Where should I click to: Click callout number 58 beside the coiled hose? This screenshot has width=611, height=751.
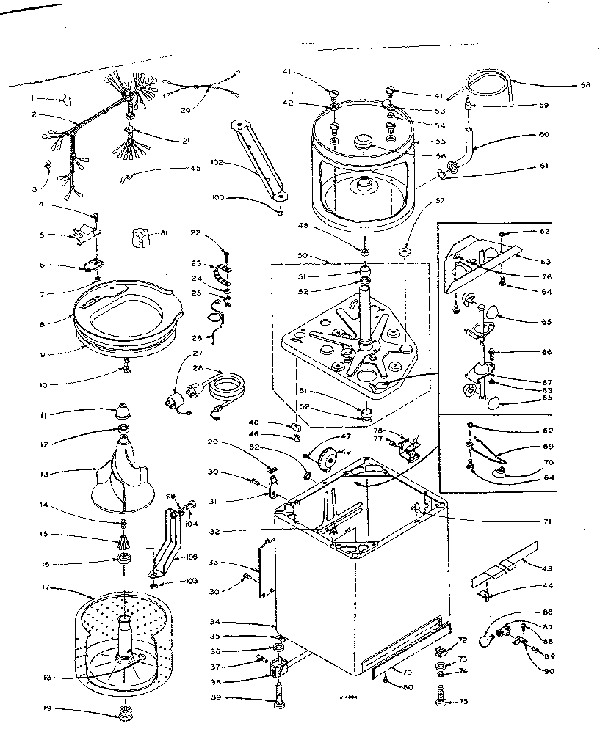tap(585, 86)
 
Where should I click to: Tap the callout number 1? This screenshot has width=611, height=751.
tap(32, 98)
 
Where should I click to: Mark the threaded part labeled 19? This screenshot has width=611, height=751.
tap(121, 711)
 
